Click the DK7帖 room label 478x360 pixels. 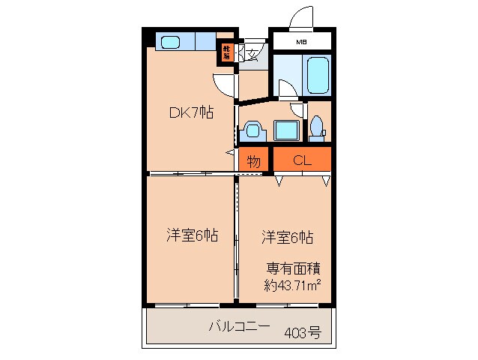click(190, 113)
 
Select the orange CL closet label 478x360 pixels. click(302, 159)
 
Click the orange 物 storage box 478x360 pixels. click(254, 159)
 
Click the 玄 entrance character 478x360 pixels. click(252, 53)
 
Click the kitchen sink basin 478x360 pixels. click(172, 40)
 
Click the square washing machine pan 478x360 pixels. click(285, 130)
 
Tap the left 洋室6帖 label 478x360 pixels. click(192, 235)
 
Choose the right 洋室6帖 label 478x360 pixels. click(287, 237)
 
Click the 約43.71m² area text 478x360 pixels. click(292, 284)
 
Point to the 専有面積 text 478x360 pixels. click(294, 268)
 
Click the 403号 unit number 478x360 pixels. click(302, 333)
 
